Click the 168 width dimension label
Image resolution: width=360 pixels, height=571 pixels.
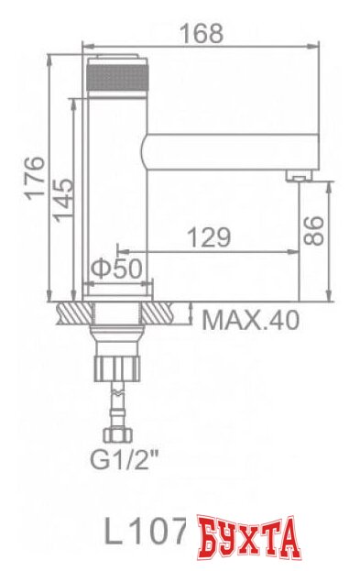(x=202, y=33)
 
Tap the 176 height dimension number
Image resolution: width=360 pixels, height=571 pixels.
(x=34, y=177)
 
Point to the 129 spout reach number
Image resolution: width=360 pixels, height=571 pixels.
(x=209, y=237)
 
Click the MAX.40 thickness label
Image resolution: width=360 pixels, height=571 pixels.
(x=250, y=320)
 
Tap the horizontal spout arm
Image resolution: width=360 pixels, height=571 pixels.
(x=229, y=148)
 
